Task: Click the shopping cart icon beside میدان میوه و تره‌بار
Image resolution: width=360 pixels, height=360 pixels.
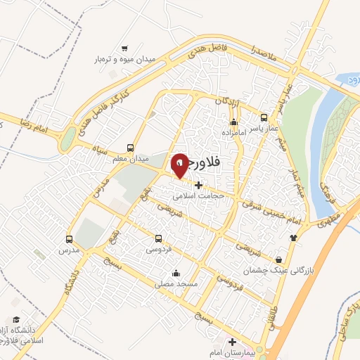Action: pyautogui.click(x=124, y=49)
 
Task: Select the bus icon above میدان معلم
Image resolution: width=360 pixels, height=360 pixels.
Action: pyautogui.click(x=131, y=148)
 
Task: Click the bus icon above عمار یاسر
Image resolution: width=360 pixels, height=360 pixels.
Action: pyautogui.click(x=264, y=117)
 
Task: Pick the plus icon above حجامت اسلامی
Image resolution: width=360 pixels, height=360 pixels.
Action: pyautogui.click(x=199, y=186)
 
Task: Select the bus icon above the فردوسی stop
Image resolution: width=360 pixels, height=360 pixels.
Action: pyautogui.click(x=157, y=238)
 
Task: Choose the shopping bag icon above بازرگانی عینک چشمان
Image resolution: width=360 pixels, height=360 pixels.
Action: pyautogui.click(x=279, y=259)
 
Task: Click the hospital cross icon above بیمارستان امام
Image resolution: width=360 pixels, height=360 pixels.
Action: pyautogui.click(x=233, y=342)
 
